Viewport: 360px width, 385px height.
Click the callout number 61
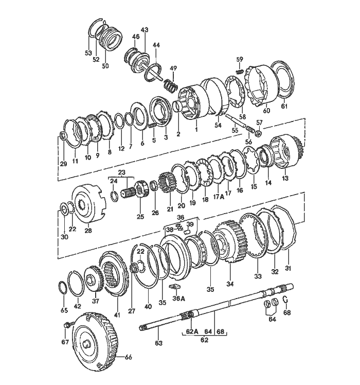pyautogui.click(x=284, y=107)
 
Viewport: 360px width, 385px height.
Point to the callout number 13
pyautogui.click(x=285, y=178)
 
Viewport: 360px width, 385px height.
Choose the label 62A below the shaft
pyautogui.click(x=191, y=332)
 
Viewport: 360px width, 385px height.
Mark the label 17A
pyautogui.click(x=215, y=196)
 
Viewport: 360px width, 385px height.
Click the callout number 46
pyautogui.click(x=136, y=37)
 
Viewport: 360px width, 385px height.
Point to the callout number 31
pyautogui.click(x=289, y=267)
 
